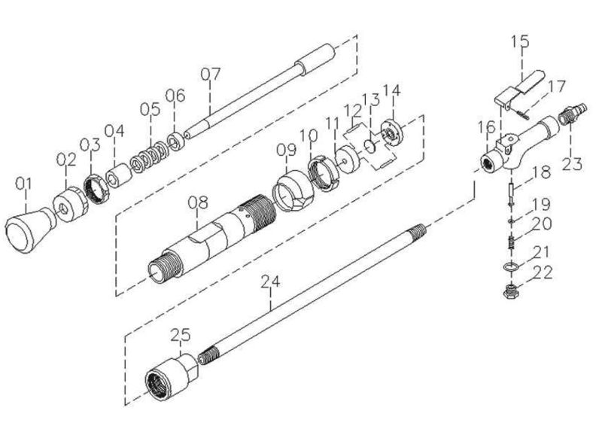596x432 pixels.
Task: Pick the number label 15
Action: pos(520,40)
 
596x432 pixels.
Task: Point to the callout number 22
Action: pos(542,273)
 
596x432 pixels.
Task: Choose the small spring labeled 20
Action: pos(510,244)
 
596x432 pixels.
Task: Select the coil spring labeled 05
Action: pos(149,160)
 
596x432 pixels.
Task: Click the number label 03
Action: pos(90,145)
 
